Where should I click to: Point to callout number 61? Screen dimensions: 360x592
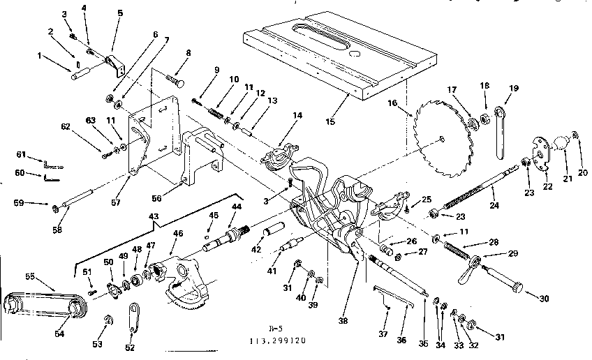point(21,154)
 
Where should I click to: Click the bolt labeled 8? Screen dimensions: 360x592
point(173,77)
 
